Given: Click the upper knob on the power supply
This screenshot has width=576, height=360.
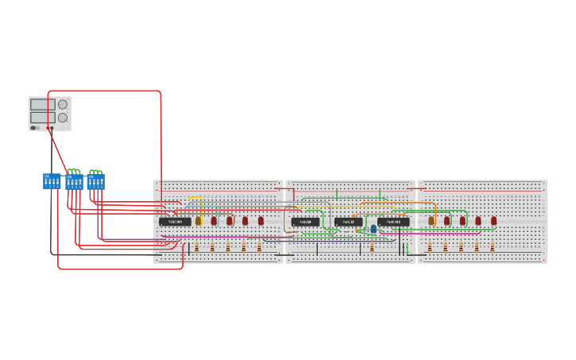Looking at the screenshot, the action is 63,104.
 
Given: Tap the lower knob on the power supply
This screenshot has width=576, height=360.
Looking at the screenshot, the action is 63,118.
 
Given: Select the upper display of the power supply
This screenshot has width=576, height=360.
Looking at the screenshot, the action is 42,104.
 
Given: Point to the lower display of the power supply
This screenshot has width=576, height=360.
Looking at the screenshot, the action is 42,118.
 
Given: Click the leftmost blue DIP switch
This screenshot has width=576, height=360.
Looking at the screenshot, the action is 52,181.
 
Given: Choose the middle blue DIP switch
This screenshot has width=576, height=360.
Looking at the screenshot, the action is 74,182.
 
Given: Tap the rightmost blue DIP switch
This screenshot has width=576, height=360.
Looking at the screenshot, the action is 96,182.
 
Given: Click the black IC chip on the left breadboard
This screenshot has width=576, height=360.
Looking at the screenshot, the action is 175,222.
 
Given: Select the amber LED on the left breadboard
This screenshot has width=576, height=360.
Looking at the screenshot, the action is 199,221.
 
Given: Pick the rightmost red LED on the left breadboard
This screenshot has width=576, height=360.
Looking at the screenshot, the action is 261,221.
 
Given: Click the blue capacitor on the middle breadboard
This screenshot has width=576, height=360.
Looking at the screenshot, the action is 373,229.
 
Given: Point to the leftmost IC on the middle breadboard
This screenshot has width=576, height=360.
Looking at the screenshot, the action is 305,222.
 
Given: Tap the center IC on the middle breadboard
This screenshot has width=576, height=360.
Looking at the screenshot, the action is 348,222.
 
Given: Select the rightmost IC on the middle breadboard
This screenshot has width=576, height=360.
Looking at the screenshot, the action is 393,222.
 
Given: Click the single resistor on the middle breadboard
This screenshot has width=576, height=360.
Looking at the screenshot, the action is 371,247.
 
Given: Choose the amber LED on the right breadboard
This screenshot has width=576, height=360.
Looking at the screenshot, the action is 431,221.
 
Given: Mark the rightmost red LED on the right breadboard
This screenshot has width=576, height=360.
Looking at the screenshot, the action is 493,221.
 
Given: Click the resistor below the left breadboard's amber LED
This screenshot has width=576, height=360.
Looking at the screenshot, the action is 196,247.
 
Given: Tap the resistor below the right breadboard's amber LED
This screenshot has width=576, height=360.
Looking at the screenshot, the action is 430,247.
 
